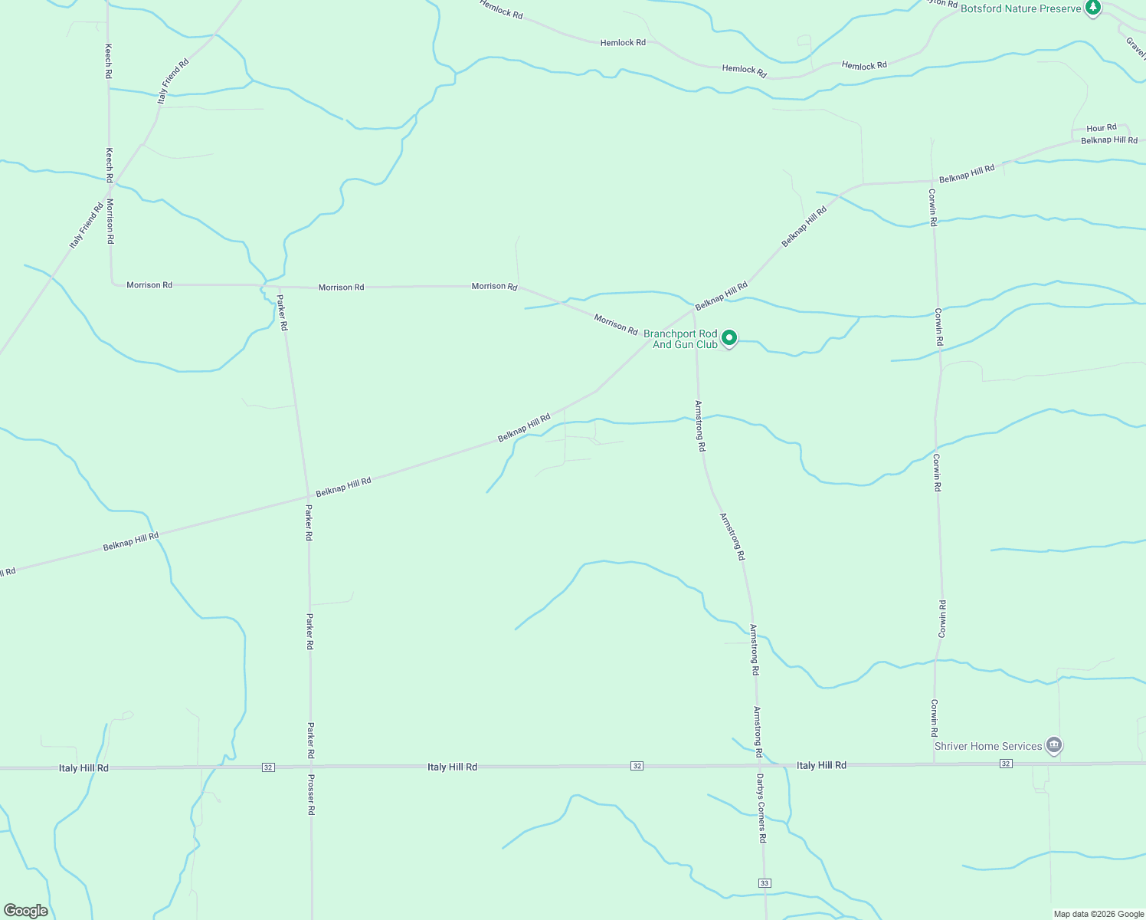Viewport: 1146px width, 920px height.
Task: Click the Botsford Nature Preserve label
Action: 1020,8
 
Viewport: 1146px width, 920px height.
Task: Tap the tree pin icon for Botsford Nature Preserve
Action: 1093,8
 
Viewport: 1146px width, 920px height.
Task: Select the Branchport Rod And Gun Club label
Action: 680,339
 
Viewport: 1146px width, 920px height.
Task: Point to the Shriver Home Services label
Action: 987,746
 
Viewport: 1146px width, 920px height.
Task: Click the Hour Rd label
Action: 1101,128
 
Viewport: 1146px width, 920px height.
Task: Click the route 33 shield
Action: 765,883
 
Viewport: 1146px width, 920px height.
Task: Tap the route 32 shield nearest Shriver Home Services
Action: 1006,764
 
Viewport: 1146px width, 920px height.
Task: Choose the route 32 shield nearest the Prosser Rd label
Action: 267,767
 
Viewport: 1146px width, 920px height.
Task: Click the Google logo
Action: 26,910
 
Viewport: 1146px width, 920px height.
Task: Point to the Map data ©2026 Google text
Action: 1099,914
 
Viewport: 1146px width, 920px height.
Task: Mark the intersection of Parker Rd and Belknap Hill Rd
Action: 308,496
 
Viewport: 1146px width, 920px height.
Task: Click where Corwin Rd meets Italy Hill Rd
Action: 934,764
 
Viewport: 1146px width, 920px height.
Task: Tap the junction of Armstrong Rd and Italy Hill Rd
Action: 758,765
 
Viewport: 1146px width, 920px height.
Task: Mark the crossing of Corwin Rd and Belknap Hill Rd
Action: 932,182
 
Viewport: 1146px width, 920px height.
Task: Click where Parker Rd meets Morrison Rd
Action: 278,286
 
